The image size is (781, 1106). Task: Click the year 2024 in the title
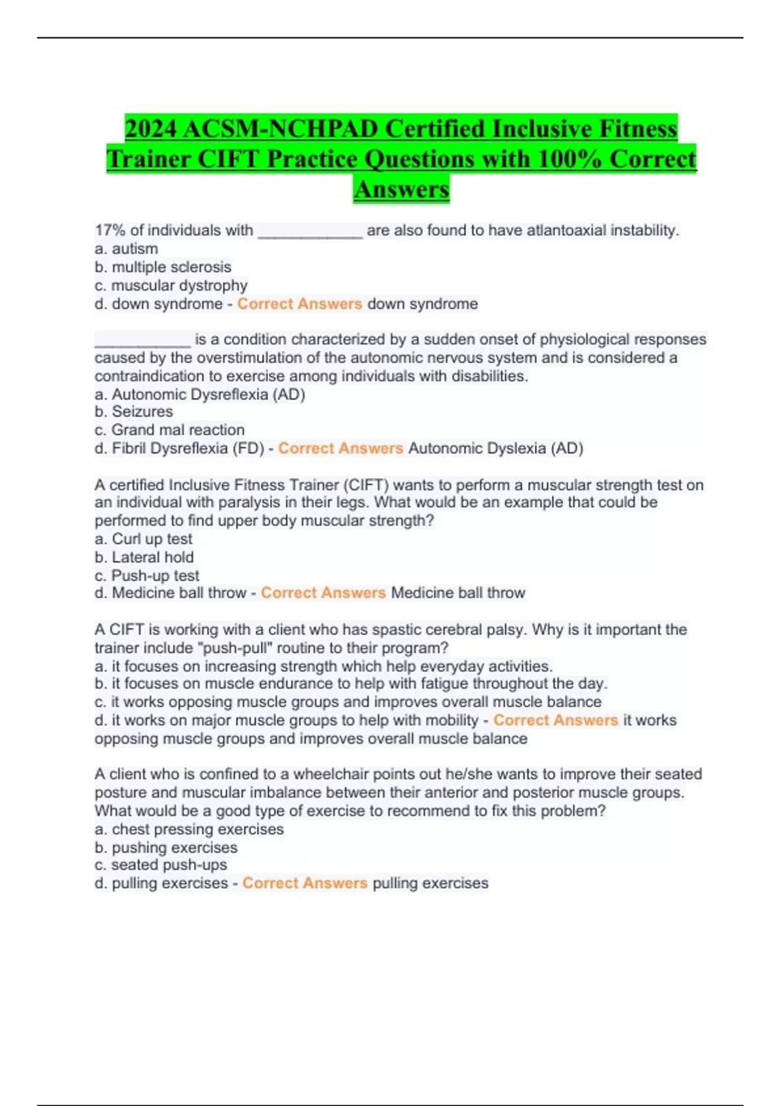pos(151,129)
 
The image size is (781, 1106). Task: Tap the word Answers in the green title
pos(402,189)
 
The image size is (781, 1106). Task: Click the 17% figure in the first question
pos(110,230)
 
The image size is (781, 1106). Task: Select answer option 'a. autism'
pos(126,249)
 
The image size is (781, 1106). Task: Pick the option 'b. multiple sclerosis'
pos(163,267)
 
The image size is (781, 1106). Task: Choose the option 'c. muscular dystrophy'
pos(171,286)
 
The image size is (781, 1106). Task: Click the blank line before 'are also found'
pos(310,232)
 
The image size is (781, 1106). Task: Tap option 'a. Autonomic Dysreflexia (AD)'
pos(200,394)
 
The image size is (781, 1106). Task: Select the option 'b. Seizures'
pos(133,412)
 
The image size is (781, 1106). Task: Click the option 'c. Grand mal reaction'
pos(169,430)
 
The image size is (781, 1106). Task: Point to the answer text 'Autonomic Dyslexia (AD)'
pos(495,448)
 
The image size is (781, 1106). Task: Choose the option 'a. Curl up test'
pos(143,539)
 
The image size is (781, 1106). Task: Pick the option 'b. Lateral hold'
pos(144,557)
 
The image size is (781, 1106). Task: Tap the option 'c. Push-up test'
pos(146,576)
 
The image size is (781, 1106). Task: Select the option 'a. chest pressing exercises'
pos(189,829)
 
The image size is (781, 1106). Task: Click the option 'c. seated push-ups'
pos(161,865)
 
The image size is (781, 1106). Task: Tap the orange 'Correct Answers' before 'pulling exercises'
pos(305,883)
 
